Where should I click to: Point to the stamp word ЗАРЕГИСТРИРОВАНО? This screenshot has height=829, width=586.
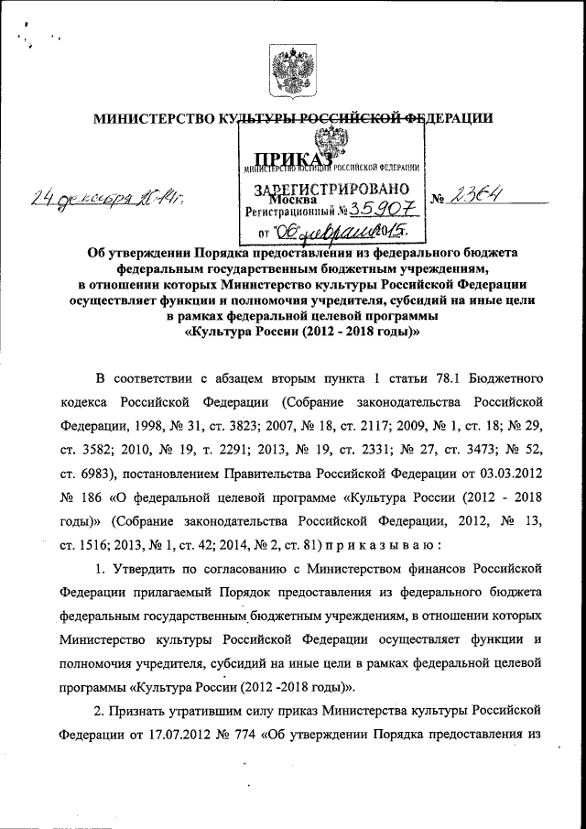pos(331,191)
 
